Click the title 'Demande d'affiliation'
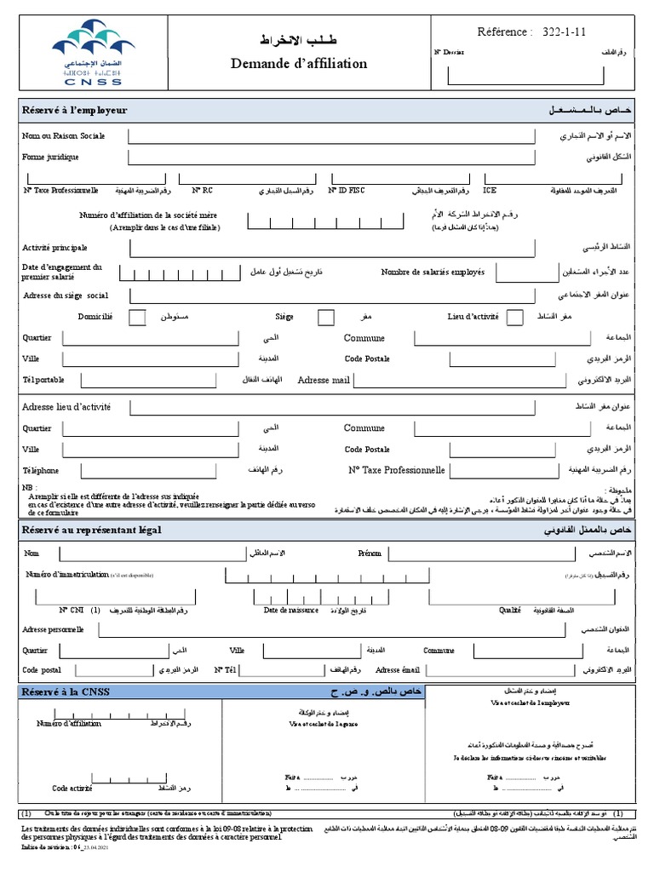coord(299,64)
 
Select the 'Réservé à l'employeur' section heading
coord(75,111)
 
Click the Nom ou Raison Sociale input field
coord(332,136)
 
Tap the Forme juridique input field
coord(332,158)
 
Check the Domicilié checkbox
coord(136,318)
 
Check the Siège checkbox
coord(325,318)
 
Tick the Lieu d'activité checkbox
coord(514,318)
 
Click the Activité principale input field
coord(332,248)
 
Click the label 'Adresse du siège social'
coord(66,295)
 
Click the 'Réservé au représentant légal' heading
coord(91,530)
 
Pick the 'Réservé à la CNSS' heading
coord(66,692)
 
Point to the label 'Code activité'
coord(72,789)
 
